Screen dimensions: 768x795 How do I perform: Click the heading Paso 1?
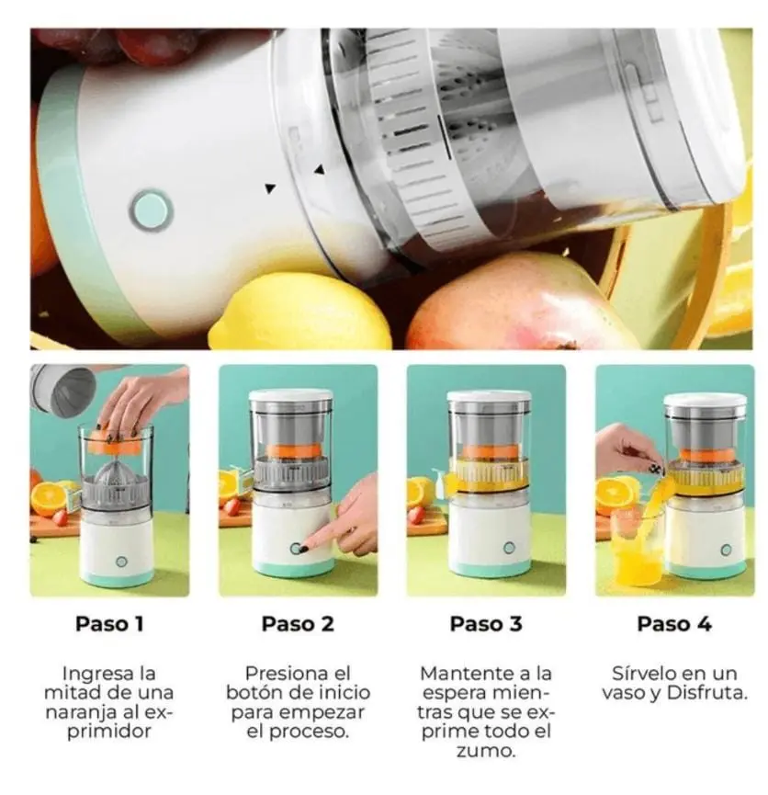pyautogui.click(x=109, y=624)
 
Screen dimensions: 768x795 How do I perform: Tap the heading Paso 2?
pyautogui.click(x=298, y=624)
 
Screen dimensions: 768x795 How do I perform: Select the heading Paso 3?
pyautogui.click(x=486, y=624)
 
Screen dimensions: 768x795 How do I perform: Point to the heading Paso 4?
pyautogui.click(x=674, y=624)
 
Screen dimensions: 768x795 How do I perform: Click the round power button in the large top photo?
pyautogui.click(x=151, y=210)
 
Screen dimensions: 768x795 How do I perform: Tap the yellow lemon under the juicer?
pyautogui.click(x=300, y=312)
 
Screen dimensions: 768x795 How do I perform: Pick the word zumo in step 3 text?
pyautogui.click(x=485, y=750)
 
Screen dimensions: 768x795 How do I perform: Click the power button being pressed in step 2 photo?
pyautogui.click(x=296, y=548)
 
